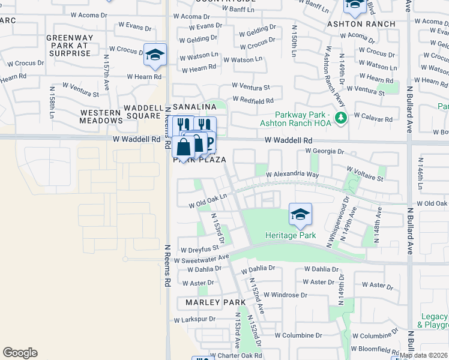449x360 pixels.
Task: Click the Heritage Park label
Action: click(x=291, y=235)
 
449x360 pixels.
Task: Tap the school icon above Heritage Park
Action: click(x=300, y=214)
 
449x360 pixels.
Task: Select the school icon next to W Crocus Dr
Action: click(x=155, y=55)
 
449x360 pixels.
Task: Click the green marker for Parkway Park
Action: click(x=341, y=117)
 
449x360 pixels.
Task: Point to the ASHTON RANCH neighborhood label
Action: click(x=361, y=24)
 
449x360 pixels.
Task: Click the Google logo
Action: click(x=20, y=353)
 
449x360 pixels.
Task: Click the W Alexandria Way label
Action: click(x=292, y=174)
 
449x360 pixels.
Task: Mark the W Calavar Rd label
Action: click(x=373, y=119)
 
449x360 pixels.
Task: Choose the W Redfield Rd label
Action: click(x=252, y=101)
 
